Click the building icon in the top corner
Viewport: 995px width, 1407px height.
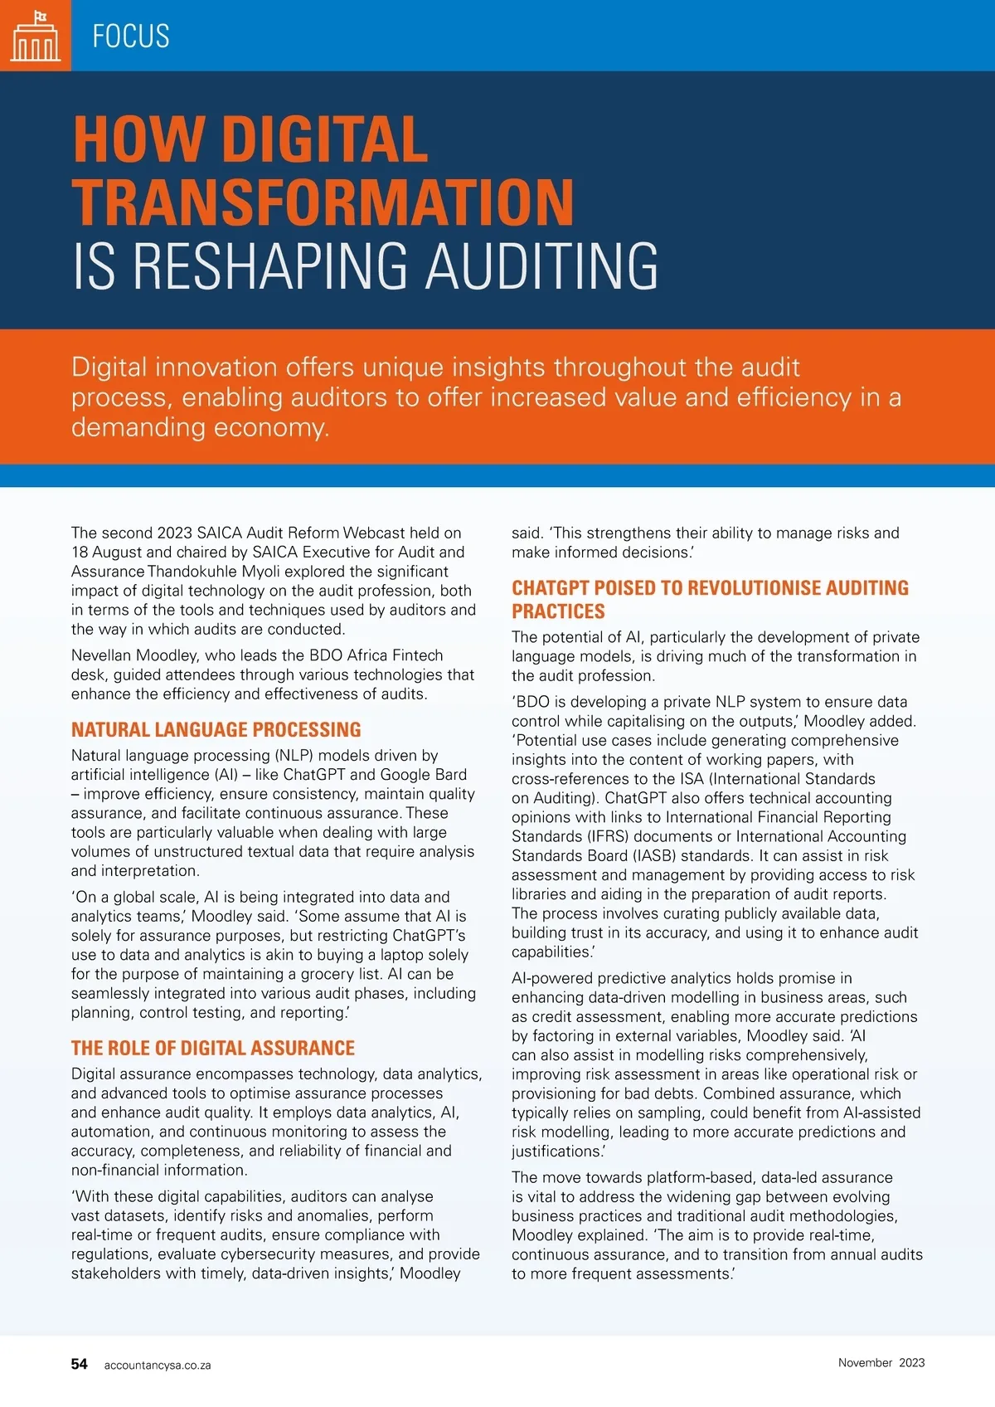point(35,36)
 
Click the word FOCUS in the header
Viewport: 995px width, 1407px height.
point(131,37)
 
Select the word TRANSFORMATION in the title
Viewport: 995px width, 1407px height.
point(323,202)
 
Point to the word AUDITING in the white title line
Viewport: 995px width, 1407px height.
point(542,266)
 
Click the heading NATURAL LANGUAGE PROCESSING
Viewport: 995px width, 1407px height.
point(216,730)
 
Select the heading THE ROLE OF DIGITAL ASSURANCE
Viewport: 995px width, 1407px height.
point(212,1049)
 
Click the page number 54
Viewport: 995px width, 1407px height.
point(79,1364)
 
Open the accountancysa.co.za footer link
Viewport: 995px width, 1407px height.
point(158,1366)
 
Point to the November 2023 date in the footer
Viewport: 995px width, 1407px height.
point(881,1363)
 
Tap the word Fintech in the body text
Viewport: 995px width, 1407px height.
point(417,655)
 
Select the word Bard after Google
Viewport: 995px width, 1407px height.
point(450,775)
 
